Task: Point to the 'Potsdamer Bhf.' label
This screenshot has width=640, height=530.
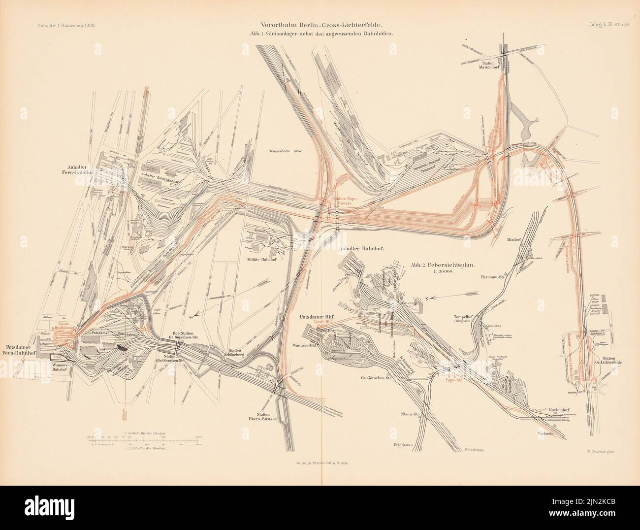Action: click(319, 317)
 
